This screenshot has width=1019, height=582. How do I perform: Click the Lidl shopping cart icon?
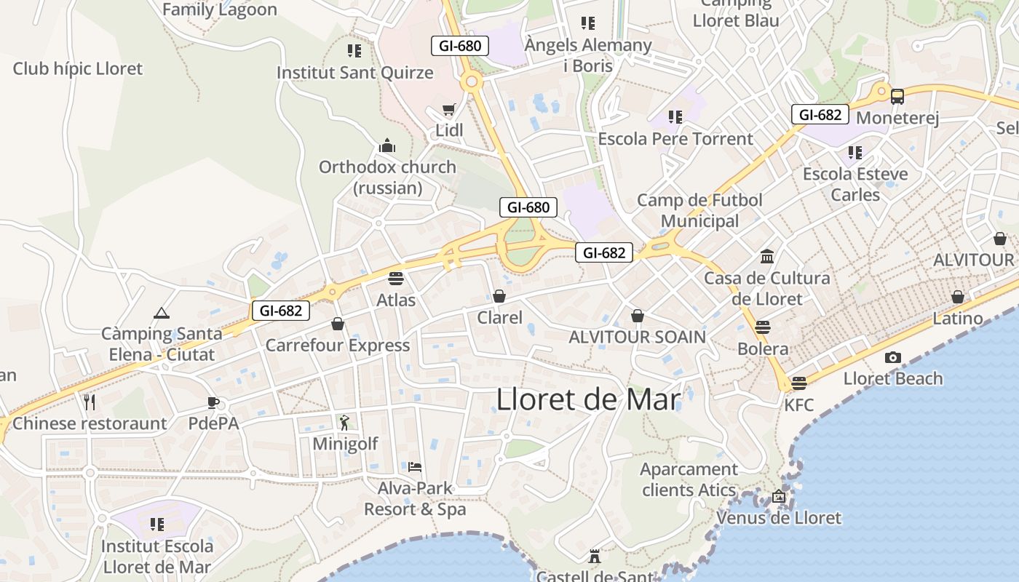(x=449, y=110)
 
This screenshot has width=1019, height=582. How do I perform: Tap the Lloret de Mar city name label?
(x=588, y=399)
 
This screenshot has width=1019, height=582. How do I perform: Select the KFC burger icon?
(x=799, y=383)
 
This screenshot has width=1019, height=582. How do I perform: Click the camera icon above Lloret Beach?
(x=892, y=357)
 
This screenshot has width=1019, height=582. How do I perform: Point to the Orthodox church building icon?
(x=387, y=145)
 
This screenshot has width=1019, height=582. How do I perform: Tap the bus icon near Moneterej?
(x=897, y=96)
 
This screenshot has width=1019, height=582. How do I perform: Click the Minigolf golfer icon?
(x=344, y=422)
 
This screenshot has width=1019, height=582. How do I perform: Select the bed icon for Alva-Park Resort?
(x=415, y=466)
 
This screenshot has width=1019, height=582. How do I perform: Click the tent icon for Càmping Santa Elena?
(x=161, y=314)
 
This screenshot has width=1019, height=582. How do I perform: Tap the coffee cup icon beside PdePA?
(x=213, y=402)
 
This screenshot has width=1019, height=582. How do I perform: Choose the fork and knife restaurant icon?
(x=90, y=402)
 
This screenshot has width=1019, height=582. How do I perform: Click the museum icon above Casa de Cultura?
(x=767, y=256)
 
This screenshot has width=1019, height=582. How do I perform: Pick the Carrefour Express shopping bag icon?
(x=338, y=323)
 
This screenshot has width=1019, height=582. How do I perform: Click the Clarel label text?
(x=499, y=318)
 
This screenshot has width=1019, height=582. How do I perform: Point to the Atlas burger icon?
(x=396, y=278)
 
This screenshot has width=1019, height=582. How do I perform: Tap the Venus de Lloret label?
(x=779, y=518)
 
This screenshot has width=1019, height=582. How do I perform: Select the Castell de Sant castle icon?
(x=595, y=557)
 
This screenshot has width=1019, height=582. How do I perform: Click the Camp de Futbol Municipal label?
(x=699, y=210)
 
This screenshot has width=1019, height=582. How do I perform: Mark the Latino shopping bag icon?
(x=958, y=297)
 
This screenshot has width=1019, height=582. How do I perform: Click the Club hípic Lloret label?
(x=78, y=69)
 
